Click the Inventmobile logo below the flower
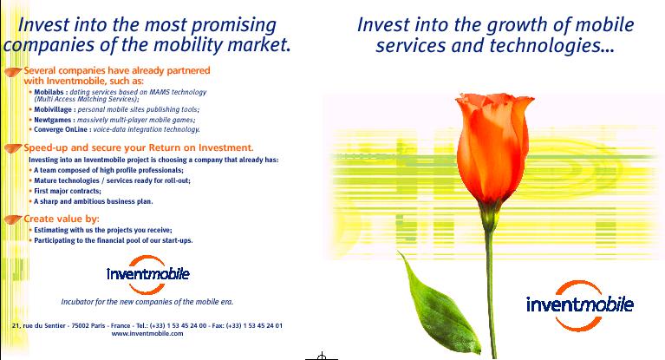pos(580,305)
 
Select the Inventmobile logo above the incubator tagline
pos(147,275)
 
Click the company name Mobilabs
pos(49,92)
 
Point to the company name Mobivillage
pos(53,109)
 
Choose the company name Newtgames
pos(52,120)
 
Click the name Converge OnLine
pos(61,129)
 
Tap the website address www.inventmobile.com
pos(147,334)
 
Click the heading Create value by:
pos(61,219)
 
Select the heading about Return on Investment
pos(138,147)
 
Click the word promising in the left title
pos(234,25)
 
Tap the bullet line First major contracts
pos(68,191)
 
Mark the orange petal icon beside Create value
pos(13,219)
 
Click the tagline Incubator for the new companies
pos(147,302)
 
